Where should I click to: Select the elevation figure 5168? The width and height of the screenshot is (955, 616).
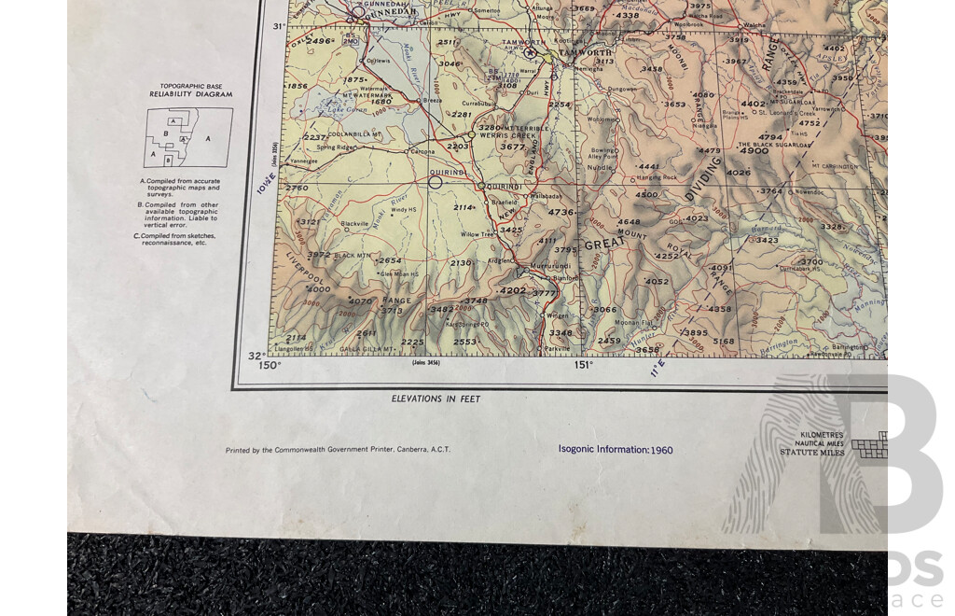point(724,341)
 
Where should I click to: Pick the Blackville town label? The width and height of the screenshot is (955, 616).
point(354,224)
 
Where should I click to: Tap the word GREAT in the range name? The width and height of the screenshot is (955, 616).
point(602,245)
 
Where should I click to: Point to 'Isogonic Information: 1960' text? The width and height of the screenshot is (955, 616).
point(616,449)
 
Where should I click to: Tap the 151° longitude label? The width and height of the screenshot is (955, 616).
point(583,365)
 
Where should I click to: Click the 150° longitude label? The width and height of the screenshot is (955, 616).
point(270,365)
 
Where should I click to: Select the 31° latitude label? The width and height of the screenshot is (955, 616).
point(278,26)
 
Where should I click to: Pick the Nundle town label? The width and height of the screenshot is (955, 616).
point(601,167)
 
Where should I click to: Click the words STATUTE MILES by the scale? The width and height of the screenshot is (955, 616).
point(812,453)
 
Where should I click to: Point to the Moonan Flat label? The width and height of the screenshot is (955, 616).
point(632,323)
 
